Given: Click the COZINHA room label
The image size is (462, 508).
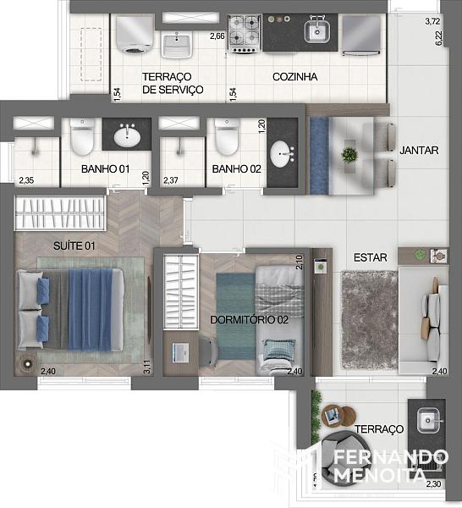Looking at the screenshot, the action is coord(294,77).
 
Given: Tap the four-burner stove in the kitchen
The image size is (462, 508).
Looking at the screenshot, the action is coord(245,34).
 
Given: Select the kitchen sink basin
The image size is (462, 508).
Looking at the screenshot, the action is coord(317,31).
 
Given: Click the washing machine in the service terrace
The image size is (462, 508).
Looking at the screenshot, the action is coord(135,35).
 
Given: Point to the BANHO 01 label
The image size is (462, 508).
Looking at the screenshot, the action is coord(105,168).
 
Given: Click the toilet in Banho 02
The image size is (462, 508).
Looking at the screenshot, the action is coord(227,136).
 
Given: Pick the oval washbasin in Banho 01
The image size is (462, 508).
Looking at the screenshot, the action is coord(127,136).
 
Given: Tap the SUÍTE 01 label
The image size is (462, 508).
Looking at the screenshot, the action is coord(74,246).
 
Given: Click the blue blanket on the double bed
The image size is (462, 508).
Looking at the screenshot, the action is coord(91,310).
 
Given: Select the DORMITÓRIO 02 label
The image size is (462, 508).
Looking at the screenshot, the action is coord(249,320).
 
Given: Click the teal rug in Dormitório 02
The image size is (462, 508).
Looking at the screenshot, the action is coord(236,317).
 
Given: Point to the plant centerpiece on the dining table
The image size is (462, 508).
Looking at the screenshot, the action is coord(349,156).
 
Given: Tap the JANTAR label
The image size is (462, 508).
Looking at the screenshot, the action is coord(419,151).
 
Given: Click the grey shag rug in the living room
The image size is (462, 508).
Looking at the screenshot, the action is coord(370,320).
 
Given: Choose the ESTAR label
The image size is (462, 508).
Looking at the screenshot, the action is coord(370,257).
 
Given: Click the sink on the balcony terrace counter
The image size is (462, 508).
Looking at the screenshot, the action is coord(428,421).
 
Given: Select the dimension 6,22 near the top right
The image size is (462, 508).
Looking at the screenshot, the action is coord(438,38).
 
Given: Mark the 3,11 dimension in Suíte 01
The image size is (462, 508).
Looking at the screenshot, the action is coord(147,367).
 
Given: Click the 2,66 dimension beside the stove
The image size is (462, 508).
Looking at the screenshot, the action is coord(217,36).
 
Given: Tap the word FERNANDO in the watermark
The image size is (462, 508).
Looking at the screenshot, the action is coord(391,457).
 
